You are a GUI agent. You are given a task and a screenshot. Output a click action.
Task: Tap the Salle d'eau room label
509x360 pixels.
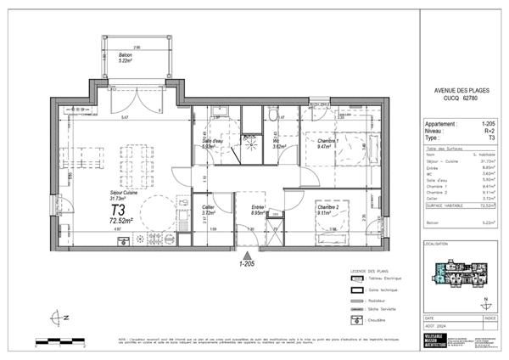click(213, 144)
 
